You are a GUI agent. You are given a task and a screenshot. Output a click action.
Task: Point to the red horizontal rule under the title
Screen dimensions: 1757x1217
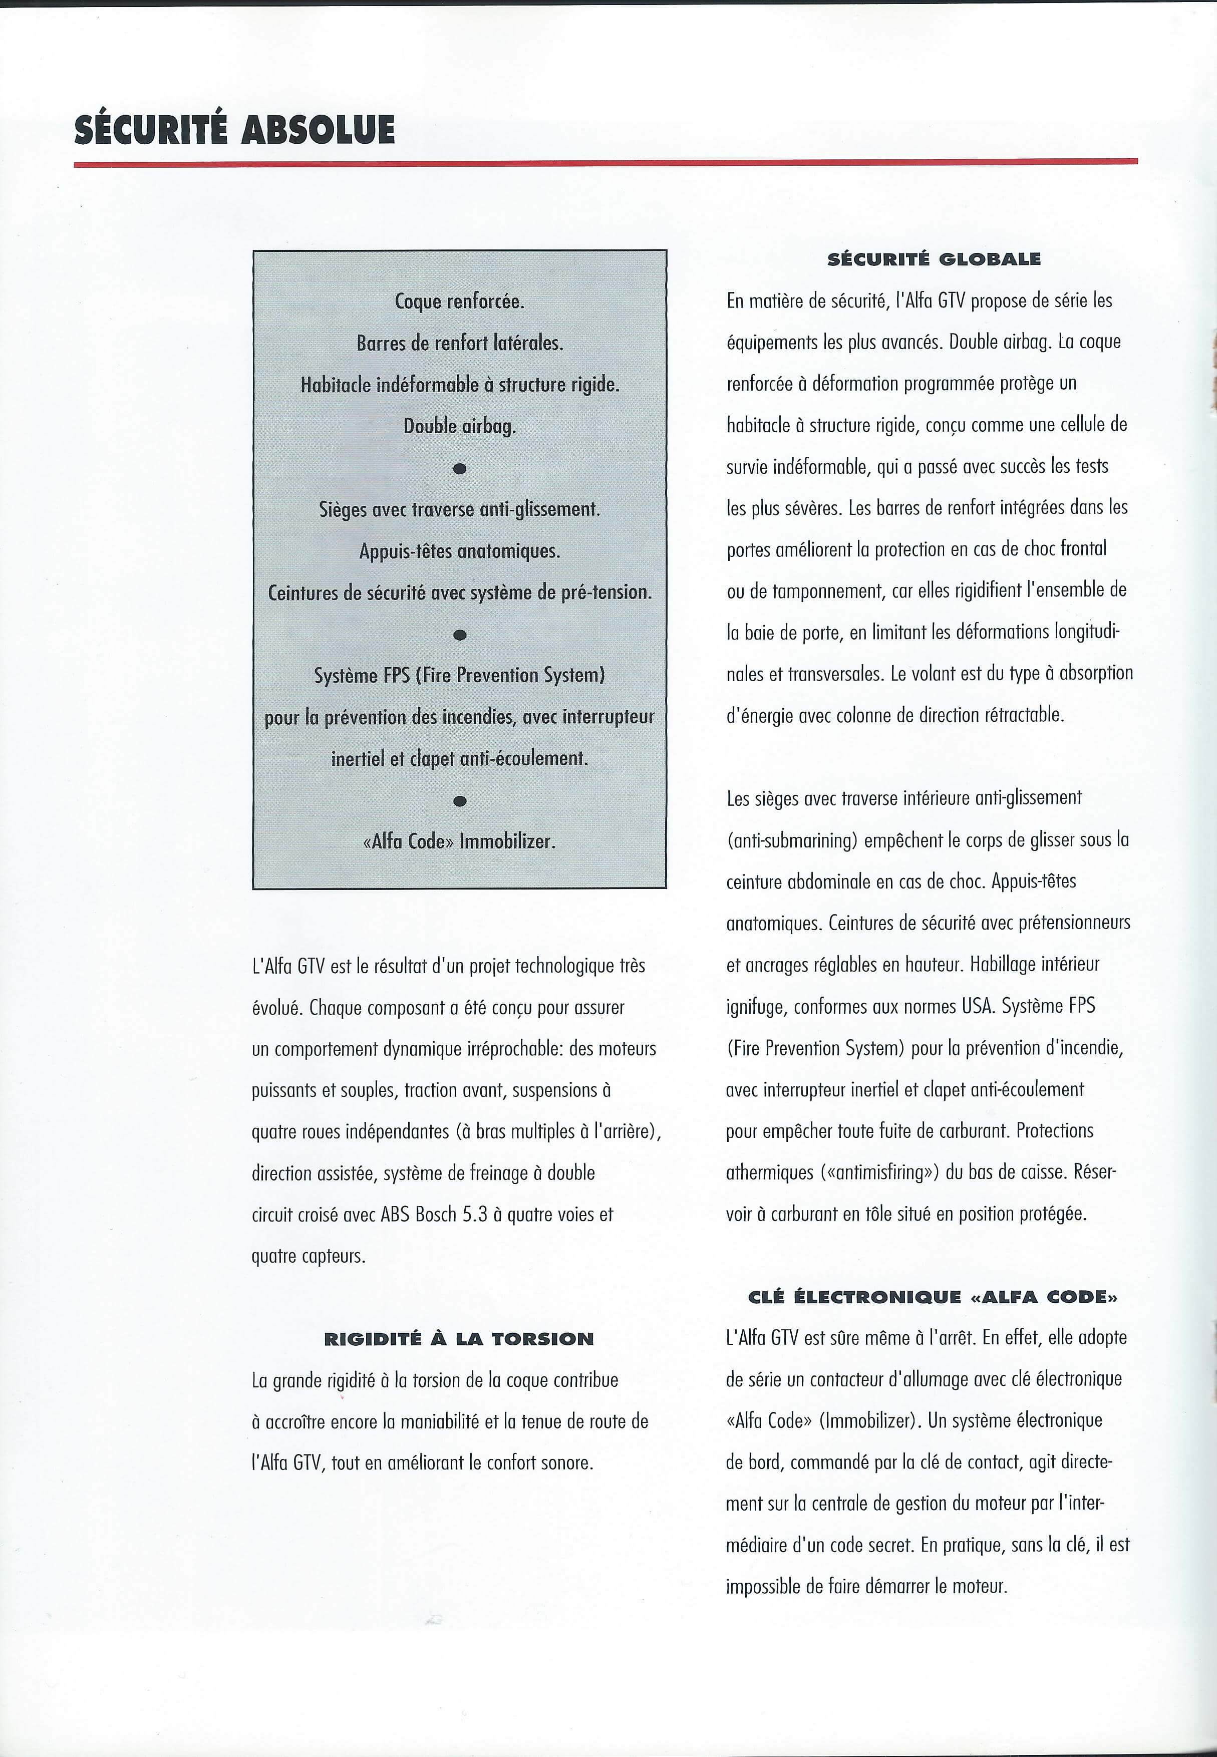click(605, 162)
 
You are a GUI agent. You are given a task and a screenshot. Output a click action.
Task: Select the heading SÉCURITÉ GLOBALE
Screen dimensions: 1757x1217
click(934, 259)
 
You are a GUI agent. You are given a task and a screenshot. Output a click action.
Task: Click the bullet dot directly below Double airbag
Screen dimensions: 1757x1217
click(459, 468)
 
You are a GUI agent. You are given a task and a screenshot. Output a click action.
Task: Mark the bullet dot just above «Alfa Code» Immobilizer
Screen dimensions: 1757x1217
click(459, 801)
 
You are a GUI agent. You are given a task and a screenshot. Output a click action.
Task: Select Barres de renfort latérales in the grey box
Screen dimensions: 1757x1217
click(459, 343)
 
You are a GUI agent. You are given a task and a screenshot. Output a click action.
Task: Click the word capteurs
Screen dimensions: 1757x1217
click(334, 1256)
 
